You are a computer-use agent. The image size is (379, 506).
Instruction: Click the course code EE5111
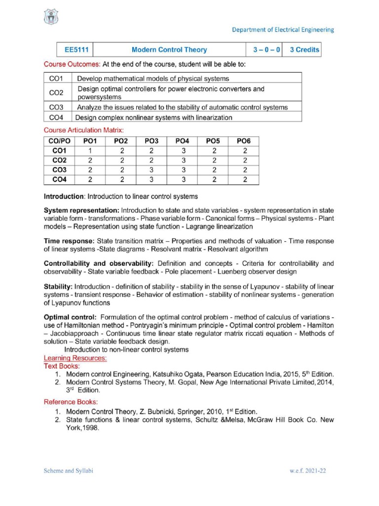point(73,49)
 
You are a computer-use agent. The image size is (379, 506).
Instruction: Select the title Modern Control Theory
point(169,49)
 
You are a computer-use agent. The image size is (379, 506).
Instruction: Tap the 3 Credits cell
point(304,49)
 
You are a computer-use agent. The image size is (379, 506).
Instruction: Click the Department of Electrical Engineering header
point(283,30)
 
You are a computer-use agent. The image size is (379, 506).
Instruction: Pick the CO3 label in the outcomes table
point(56,107)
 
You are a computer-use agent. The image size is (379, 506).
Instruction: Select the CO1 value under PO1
point(90,151)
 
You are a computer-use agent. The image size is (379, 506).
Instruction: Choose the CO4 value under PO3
point(152,179)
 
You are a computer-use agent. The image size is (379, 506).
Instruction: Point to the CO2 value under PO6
point(245,160)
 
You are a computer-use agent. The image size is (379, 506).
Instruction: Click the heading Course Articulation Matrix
point(84,129)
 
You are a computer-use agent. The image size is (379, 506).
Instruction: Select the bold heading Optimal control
point(69,317)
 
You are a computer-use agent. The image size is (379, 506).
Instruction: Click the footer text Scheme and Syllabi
point(69,471)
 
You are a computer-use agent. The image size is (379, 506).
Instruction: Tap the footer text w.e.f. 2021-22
point(307,471)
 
